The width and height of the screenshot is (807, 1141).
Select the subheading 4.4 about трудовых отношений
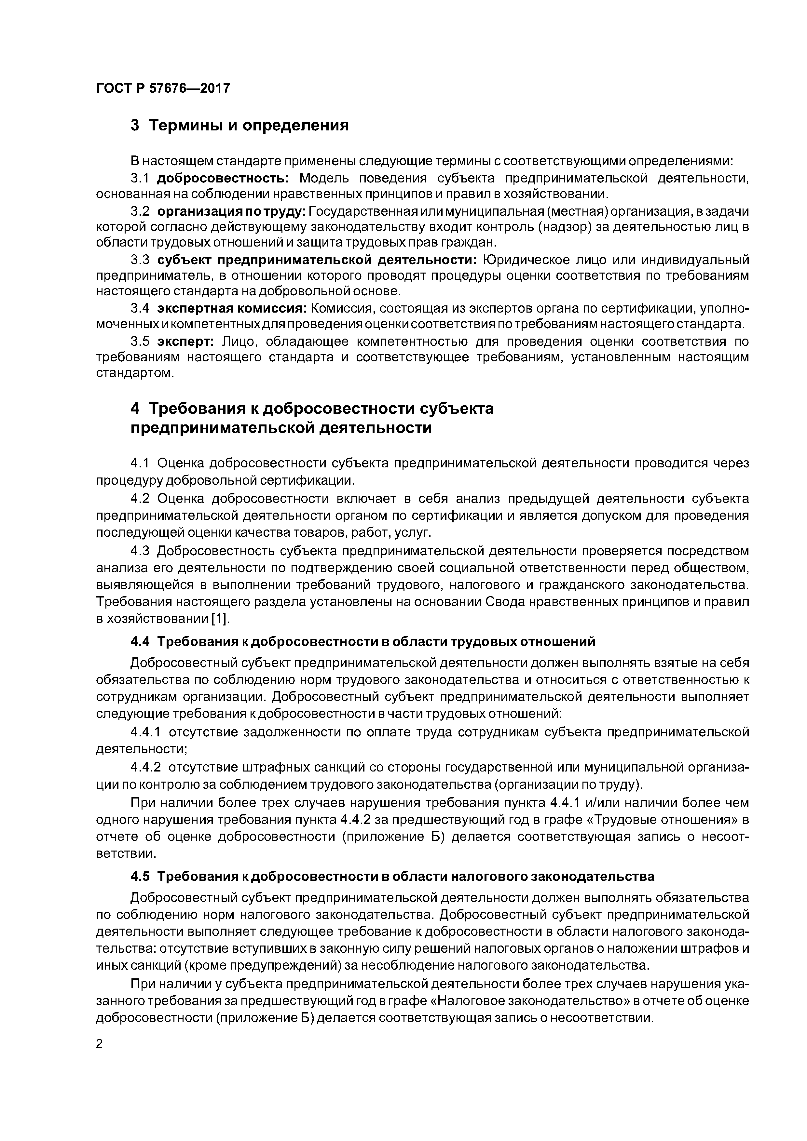pos(362,641)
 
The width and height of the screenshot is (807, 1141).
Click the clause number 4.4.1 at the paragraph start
pos(146,732)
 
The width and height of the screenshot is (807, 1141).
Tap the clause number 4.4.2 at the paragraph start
pos(146,767)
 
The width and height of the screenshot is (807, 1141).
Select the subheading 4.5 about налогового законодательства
pos(392,876)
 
